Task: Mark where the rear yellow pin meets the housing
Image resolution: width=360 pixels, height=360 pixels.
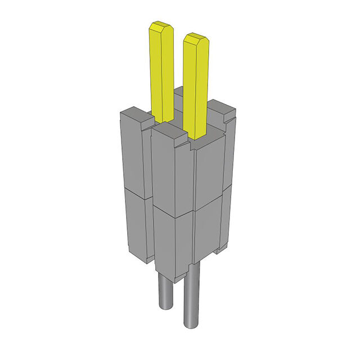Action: pyautogui.click(x=163, y=119)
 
